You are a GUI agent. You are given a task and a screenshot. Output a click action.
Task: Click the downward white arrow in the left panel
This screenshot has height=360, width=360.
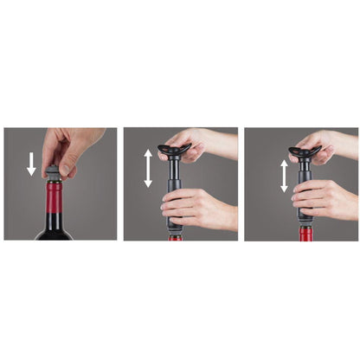(x=32, y=164)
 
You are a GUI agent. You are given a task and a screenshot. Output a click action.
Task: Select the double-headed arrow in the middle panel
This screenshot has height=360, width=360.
(x=147, y=168)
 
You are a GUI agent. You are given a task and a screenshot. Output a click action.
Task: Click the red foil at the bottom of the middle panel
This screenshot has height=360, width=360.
(x=176, y=236)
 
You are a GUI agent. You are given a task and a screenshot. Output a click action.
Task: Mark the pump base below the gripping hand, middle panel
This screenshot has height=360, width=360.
(x=175, y=226)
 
